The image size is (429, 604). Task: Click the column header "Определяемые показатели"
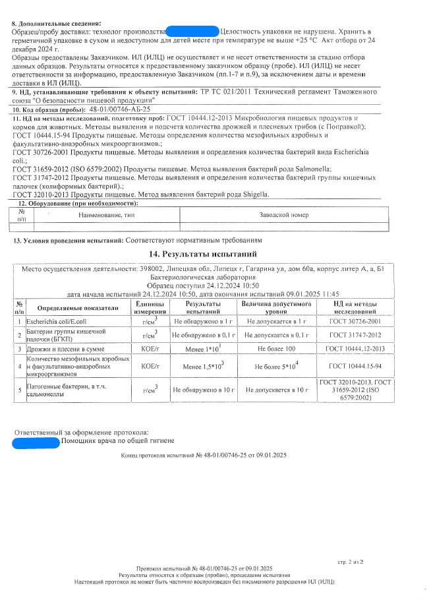[x=77, y=308]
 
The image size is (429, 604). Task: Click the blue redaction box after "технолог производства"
[x=192, y=31]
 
